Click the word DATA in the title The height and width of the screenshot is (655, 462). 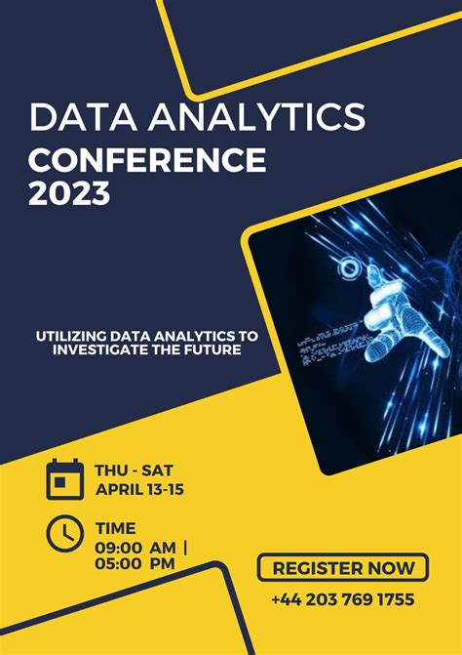[76, 117]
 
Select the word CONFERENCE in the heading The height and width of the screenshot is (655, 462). [146, 158]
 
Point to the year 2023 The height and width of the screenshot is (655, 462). [69, 193]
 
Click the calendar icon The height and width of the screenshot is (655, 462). [65, 479]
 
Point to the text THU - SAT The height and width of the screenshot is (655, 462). [134, 470]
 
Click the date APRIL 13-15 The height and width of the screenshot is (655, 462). [139, 489]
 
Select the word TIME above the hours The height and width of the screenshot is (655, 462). [116, 528]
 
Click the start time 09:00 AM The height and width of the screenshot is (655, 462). [135, 548]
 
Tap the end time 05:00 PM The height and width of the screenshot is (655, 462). [135, 563]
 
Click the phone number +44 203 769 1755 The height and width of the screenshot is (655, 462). [343, 599]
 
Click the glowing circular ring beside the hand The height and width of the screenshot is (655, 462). [346, 269]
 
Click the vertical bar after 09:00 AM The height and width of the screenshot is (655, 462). [184, 548]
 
